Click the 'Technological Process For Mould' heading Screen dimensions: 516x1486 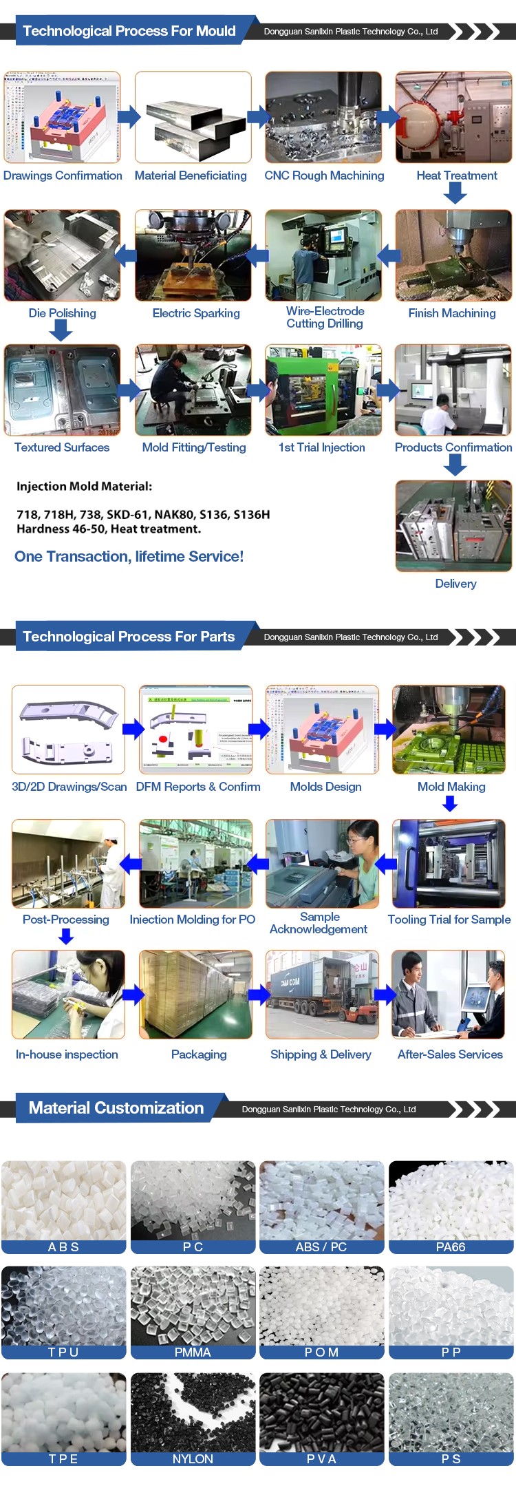[x=129, y=31]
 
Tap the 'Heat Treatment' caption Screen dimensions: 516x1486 [x=457, y=176]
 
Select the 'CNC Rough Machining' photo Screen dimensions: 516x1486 [x=323, y=118]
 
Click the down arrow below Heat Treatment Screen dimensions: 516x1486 [x=455, y=193]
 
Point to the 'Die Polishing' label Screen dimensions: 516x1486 [x=62, y=313]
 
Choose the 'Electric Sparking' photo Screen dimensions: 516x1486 [x=193, y=255]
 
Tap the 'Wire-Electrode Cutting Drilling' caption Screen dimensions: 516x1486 [x=325, y=317]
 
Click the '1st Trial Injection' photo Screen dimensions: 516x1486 [x=323, y=390]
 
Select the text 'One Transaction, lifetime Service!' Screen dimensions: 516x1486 [x=129, y=556]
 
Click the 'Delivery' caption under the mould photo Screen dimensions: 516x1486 [x=455, y=584]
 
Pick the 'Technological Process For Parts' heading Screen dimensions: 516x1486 [x=129, y=637]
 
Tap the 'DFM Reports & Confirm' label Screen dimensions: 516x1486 [x=198, y=787]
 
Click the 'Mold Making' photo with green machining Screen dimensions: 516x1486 [x=449, y=730]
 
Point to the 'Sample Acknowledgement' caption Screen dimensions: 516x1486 [x=319, y=923]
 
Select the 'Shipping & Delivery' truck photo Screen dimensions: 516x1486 [x=322, y=995]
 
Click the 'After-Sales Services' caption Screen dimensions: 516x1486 [x=450, y=1054]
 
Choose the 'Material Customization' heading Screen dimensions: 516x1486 [x=116, y=1107]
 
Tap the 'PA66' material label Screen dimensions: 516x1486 [x=451, y=1246]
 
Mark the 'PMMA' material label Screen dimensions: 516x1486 [x=193, y=1352]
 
